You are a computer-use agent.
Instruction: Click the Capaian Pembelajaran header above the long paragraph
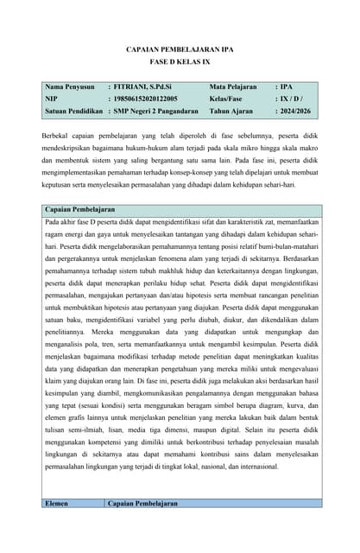coord(79,209)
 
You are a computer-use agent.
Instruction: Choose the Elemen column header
coord(57,503)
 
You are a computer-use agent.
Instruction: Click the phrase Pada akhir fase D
coord(73,221)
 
